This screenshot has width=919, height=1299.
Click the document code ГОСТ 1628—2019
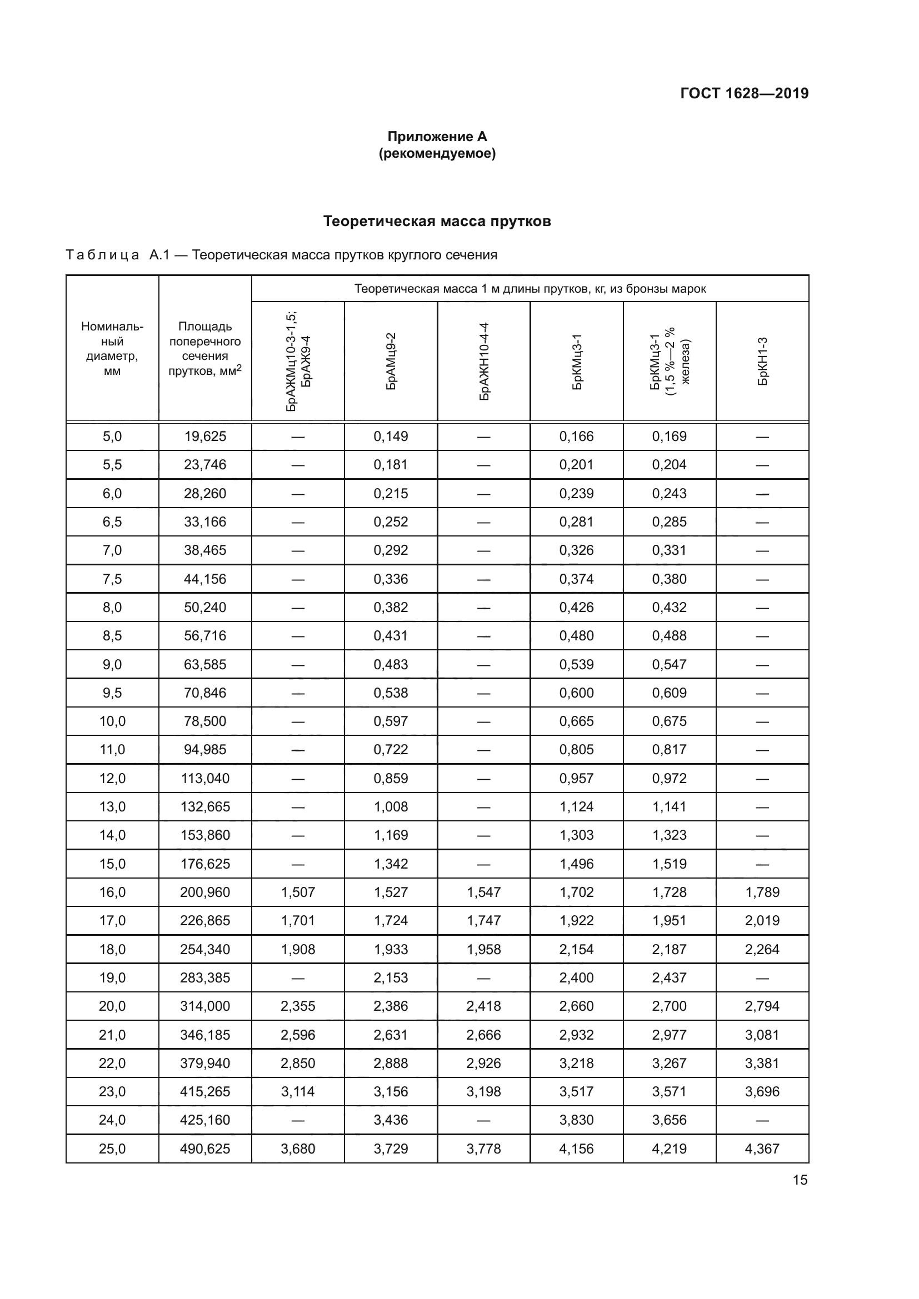pos(744,93)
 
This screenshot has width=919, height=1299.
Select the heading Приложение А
pos(437,137)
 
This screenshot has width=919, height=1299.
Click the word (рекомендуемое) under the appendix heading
pos(437,153)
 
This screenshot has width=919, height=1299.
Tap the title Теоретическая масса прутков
pos(437,221)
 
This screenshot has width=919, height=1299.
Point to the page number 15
pos(800,1180)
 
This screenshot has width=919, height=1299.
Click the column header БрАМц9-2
pos(391,361)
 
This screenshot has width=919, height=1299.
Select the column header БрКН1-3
pos(762,361)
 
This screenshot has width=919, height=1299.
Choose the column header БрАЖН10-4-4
pos(484,361)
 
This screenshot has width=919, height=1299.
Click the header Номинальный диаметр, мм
pos(112,349)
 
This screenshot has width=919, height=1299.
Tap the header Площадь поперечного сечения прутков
pos(205,349)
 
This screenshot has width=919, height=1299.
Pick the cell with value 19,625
pos(205,436)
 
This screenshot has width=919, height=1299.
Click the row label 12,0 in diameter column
pos(112,778)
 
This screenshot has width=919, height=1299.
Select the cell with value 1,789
pos(762,892)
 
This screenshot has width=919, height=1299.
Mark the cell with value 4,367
pos(762,1148)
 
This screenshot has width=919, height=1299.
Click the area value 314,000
pos(205,1006)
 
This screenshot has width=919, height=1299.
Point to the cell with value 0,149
pos(391,436)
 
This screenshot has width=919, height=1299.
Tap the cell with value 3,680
pos(298,1148)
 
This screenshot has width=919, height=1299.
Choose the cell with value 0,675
pos(670,721)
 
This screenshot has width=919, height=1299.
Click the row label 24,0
pos(112,1120)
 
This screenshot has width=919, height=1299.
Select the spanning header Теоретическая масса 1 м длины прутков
pos(530,289)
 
